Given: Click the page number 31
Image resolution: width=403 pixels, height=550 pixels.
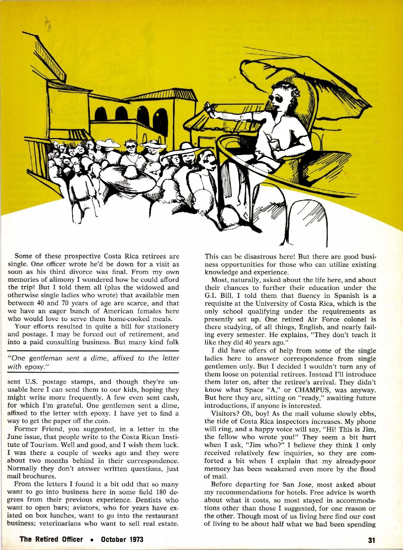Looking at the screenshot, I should tap(371, 540).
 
